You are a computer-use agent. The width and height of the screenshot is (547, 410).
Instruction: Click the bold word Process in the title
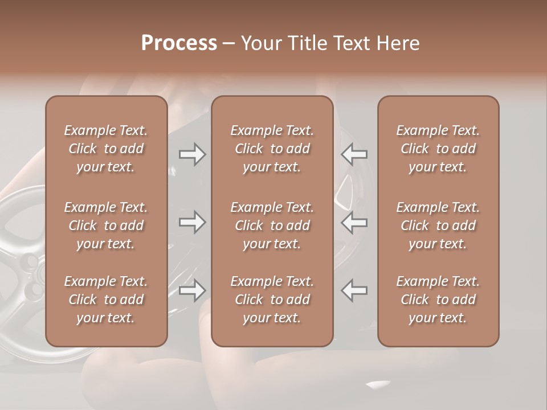pyautogui.click(x=179, y=43)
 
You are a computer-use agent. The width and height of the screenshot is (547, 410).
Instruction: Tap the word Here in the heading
pyautogui.click(x=398, y=43)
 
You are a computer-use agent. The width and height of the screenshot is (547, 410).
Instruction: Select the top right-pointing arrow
pyautogui.click(x=192, y=154)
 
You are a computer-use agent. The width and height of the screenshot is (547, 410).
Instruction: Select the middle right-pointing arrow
pyautogui.click(x=192, y=222)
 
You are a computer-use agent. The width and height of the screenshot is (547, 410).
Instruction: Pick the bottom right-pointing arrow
pyautogui.click(x=192, y=290)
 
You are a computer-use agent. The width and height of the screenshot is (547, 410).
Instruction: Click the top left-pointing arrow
pyautogui.click(x=354, y=154)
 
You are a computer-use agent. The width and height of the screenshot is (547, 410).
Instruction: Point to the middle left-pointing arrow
pyautogui.click(x=354, y=222)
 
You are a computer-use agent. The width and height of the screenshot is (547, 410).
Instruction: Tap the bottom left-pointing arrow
pyautogui.click(x=354, y=290)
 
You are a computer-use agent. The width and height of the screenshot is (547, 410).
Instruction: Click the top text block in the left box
pyautogui.click(x=106, y=149)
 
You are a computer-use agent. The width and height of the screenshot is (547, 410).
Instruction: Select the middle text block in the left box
pyautogui.click(x=106, y=225)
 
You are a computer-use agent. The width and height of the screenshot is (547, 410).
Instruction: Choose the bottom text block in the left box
pyautogui.click(x=106, y=300)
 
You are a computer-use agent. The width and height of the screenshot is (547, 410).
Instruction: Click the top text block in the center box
pyautogui.click(x=272, y=149)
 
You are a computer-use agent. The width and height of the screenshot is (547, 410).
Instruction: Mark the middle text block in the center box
pyautogui.click(x=272, y=225)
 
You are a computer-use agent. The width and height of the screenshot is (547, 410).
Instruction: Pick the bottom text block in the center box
pyautogui.click(x=272, y=300)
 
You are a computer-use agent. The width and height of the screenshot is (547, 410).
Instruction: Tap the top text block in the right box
pyautogui.click(x=438, y=149)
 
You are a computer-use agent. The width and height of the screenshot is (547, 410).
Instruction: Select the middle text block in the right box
pyautogui.click(x=438, y=225)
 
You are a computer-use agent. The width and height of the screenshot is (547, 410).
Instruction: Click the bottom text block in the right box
pyautogui.click(x=438, y=300)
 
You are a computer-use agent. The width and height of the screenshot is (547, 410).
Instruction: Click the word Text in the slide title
pyautogui.click(x=348, y=43)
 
